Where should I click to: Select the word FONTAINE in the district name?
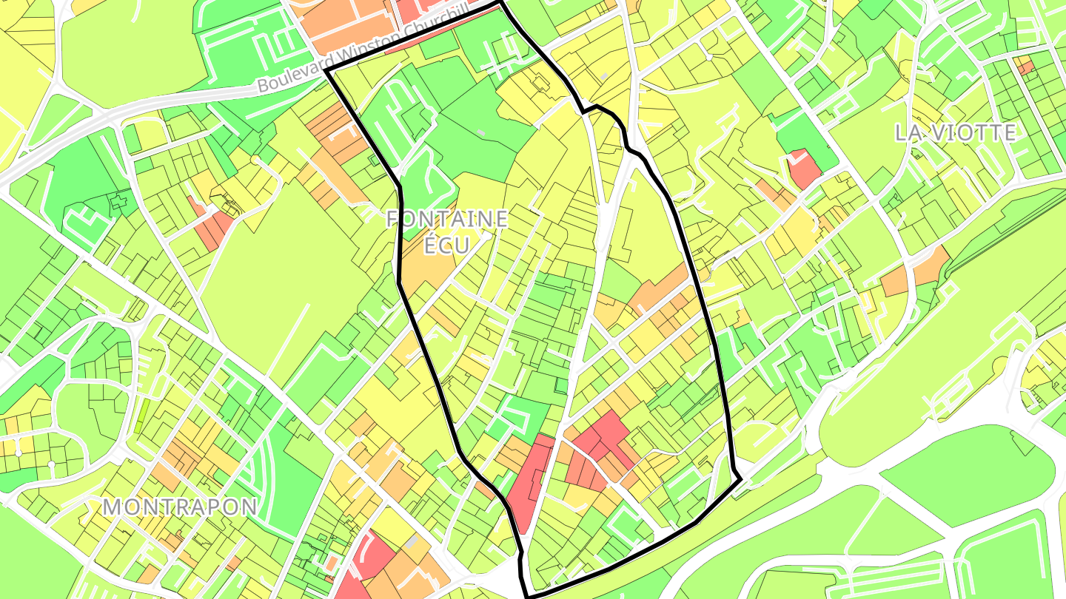[x=447, y=219]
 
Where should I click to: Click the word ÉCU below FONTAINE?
[x=447, y=245]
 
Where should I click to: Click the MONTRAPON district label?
[x=180, y=507]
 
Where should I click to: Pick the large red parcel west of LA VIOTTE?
[x=804, y=169]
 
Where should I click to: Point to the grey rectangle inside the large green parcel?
[x=482, y=132]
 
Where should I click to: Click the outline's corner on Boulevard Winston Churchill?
[x=326, y=71]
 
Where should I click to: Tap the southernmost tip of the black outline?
[x=528, y=596]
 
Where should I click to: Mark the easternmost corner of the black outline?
[x=741, y=481]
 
